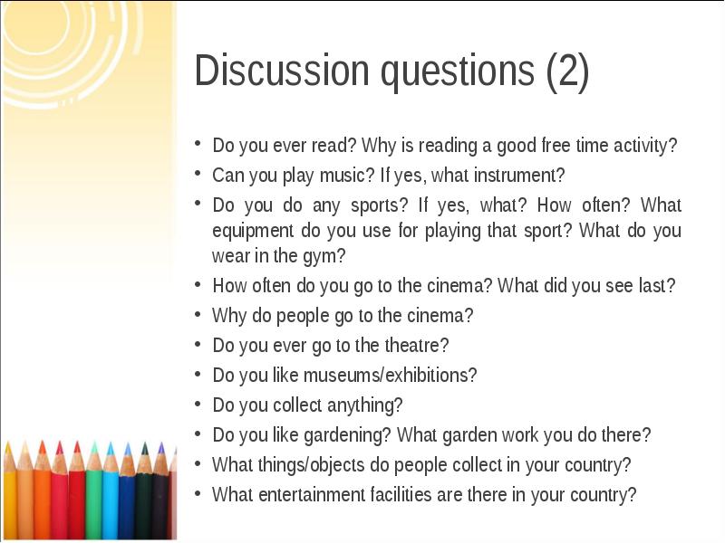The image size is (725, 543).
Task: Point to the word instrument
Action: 522,174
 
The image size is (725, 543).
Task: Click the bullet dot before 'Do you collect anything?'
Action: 198,404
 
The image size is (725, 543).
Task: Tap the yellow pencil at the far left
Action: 9,493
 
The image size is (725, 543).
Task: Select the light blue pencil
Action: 111,493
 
